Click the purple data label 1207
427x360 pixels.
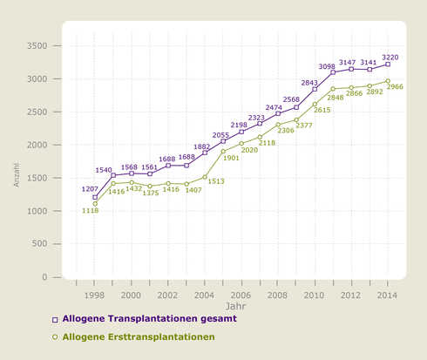(x=91, y=189)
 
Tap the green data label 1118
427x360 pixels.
(x=91, y=210)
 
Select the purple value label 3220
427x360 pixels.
(x=390, y=57)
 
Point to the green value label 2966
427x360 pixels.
(x=395, y=87)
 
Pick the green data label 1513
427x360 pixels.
(x=215, y=181)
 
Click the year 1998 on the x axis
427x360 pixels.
(x=95, y=295)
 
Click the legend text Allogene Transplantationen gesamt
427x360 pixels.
(x=149, y=319)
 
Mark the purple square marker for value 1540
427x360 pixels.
(x=113, y=175)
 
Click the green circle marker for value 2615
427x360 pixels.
(x=315, y=105)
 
